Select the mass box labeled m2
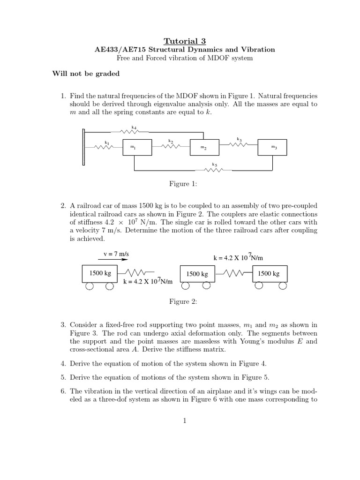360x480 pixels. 204,147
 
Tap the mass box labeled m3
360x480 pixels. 272,147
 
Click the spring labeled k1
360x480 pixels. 104,147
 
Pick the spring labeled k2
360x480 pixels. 171,146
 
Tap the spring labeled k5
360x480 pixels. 215,170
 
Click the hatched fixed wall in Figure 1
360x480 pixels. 83,147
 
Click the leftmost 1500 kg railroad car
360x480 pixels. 99,274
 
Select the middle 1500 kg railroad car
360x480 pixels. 197,274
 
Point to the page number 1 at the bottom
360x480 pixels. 185,420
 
